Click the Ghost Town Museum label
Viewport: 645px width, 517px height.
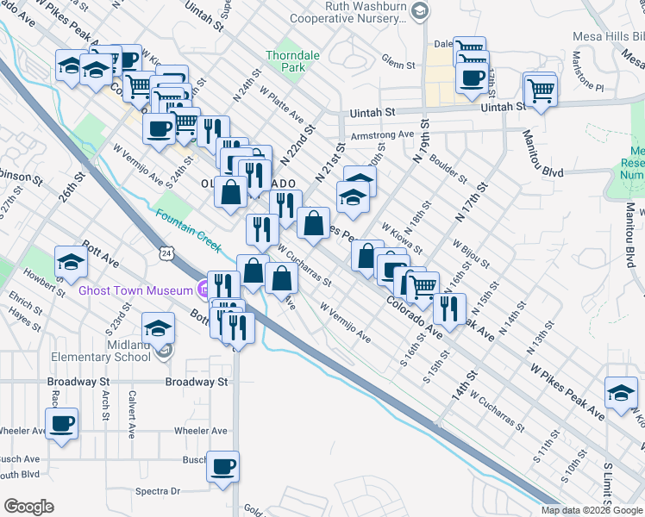tap(135, 290)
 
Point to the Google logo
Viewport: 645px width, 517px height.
tap(28, 507)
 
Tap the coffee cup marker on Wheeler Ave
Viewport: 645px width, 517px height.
tap(61, 424)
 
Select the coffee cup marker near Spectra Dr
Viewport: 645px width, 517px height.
tap(223, 466)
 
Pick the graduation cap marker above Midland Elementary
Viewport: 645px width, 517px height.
tap(158, 327)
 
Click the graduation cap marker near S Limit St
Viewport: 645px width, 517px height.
tap(620, 392)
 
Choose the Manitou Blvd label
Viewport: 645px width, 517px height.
tap(540, 172)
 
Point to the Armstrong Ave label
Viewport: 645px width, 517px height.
tap(382, 135)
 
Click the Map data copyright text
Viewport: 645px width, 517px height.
tap(592, 510)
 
